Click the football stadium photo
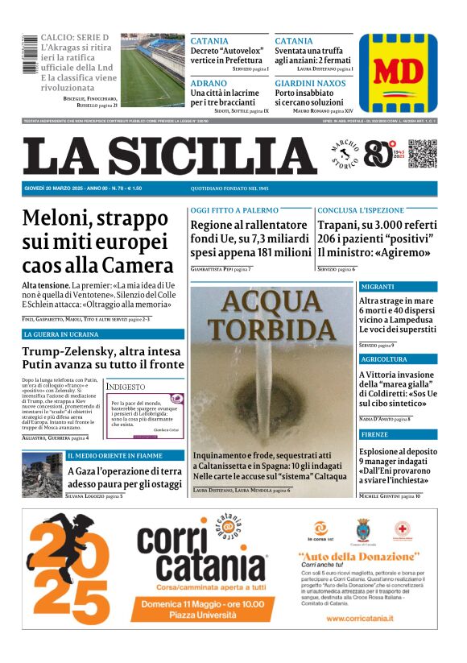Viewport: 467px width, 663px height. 152,69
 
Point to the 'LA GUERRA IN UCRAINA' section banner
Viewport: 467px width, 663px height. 60,334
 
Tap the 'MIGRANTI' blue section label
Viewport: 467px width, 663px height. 378,287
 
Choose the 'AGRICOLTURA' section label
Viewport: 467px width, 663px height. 385,359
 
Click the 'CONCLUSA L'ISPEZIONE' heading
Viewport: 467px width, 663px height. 360,211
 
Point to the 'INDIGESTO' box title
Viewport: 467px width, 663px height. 126,387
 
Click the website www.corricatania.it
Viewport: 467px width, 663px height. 360,618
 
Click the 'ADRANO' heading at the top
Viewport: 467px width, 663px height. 207,83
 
